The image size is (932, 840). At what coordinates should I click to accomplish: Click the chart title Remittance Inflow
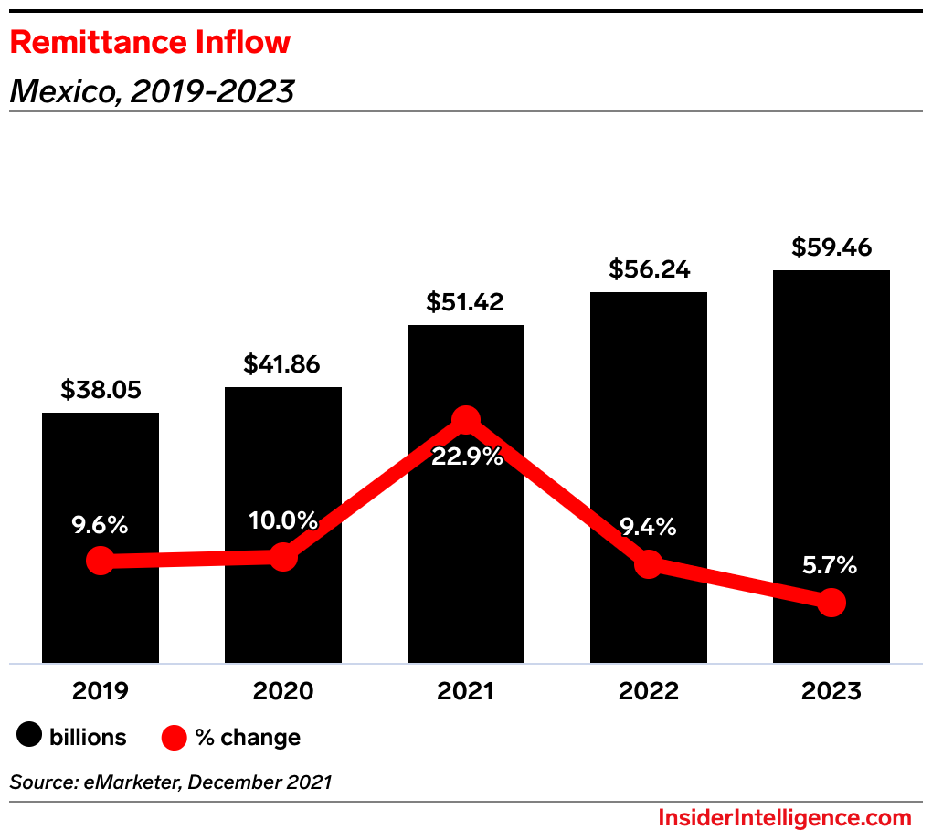point(150,42)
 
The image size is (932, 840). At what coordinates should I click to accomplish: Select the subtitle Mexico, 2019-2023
point(152,90)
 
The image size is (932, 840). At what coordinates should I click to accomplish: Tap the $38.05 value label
point(101,390)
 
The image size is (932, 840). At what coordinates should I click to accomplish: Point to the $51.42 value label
point(465,302)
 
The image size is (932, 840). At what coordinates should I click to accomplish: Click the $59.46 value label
point(831,247)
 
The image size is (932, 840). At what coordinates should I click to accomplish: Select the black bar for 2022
point(649,411)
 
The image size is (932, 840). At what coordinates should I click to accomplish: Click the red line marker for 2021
point(466,420)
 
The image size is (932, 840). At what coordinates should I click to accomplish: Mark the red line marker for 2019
point(100,561)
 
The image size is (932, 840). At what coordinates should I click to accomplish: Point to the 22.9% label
point(467,457)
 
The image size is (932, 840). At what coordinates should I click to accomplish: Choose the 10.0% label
point(283,521)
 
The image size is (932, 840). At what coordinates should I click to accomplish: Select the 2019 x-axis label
point(101,691)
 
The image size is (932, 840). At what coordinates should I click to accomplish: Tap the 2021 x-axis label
point(465,691)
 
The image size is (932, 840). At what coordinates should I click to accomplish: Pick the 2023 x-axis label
point(831,691)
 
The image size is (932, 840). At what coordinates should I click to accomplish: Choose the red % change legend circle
point(174,737)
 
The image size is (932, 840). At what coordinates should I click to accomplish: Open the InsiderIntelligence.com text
point(784,817)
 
